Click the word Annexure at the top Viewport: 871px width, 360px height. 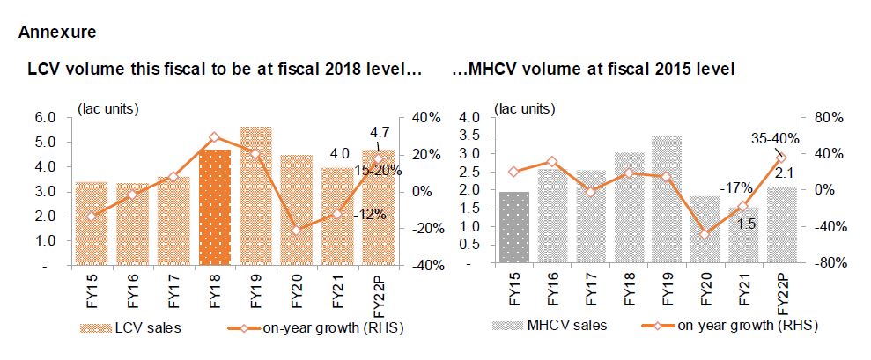56,33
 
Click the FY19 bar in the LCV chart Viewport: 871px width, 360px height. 256,195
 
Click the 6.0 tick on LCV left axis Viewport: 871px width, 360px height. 45,117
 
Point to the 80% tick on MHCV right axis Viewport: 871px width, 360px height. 831,117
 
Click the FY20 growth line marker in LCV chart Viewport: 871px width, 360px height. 299,229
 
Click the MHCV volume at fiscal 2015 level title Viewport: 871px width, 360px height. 594,68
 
